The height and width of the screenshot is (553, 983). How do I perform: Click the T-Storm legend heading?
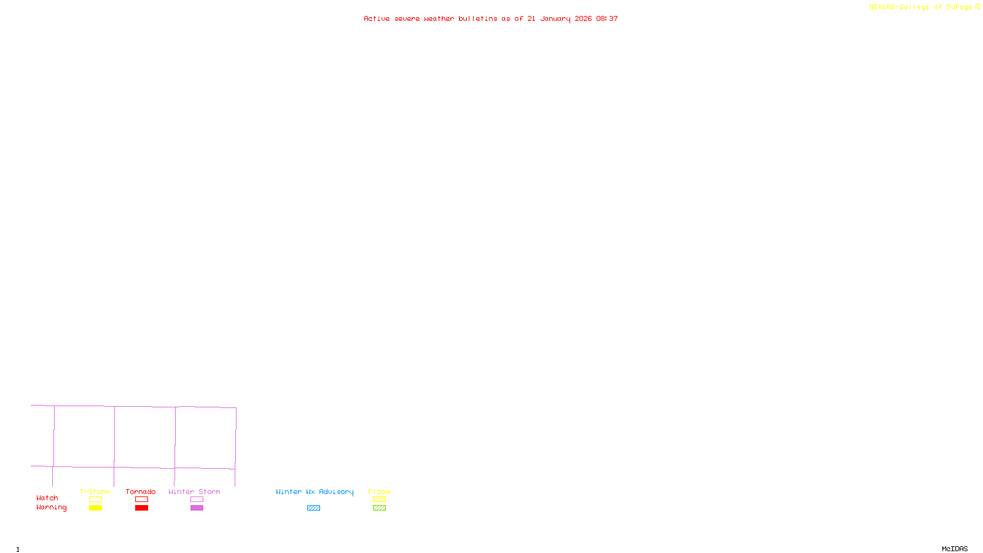point(95,492)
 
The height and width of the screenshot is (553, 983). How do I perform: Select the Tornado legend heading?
point(141,492)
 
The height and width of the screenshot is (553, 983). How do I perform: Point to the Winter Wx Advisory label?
point(315,492)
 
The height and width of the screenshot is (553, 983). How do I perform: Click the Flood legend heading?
point(379,492)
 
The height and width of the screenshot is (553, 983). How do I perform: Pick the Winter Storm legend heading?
point(194,492)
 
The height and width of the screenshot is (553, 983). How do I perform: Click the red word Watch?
point(47,498)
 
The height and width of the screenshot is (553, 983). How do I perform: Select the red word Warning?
point(52,508)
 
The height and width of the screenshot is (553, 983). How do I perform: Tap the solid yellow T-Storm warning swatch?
point(95,508)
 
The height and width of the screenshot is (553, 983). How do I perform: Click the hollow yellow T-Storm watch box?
point(95,500)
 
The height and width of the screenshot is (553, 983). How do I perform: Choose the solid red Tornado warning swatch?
point(141,508)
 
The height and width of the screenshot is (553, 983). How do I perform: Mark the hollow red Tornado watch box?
point(141,500)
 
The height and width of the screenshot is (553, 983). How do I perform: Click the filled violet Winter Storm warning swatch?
point(197,508)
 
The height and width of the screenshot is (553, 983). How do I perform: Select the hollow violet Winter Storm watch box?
point(197,500)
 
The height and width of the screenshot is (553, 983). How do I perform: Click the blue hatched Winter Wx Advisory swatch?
point(313,508)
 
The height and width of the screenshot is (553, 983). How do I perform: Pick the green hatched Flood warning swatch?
point(379,508)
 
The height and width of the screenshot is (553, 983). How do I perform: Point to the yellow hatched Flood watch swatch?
point(379,500)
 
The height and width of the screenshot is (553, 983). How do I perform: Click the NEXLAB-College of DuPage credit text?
point(921,7)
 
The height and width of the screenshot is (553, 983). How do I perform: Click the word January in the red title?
point(555,18)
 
